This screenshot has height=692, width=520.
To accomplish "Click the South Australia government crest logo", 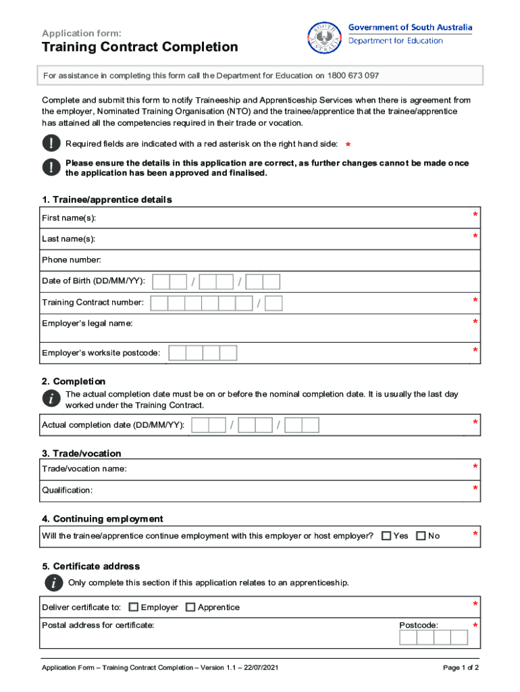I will [x=324, y=39].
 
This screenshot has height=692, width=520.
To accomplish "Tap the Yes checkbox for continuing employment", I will [x=386, y=536].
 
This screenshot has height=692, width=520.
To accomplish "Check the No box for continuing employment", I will [x=421, y=536].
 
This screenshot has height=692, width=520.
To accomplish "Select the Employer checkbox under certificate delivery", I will [x=134, y=607].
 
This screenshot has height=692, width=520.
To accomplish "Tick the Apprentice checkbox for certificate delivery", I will [x=190, y=607].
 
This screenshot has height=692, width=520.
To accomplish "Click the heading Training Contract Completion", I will [x=140, y=47].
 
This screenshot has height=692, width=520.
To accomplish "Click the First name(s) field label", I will [x=69, y=218].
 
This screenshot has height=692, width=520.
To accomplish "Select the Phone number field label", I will [x=72, y=260].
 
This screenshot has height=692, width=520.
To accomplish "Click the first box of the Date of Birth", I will [x=161, y=282].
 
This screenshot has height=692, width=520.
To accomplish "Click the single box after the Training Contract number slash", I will [x=274, y=303].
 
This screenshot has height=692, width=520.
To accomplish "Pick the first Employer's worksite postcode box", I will [x=177, y=353].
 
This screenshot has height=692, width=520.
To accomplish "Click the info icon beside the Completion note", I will [x=51, y=399].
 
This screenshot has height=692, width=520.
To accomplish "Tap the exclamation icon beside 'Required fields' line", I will [x=51, y=144].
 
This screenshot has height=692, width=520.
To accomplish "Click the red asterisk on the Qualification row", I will [x=475, y=489].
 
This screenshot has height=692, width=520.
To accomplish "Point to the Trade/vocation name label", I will [x=84, y=468].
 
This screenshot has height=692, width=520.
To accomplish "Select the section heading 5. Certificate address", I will [x=91, y=566].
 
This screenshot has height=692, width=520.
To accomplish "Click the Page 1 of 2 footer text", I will [x=461, y=668].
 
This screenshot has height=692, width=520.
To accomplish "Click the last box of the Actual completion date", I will [x=311, y=425].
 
